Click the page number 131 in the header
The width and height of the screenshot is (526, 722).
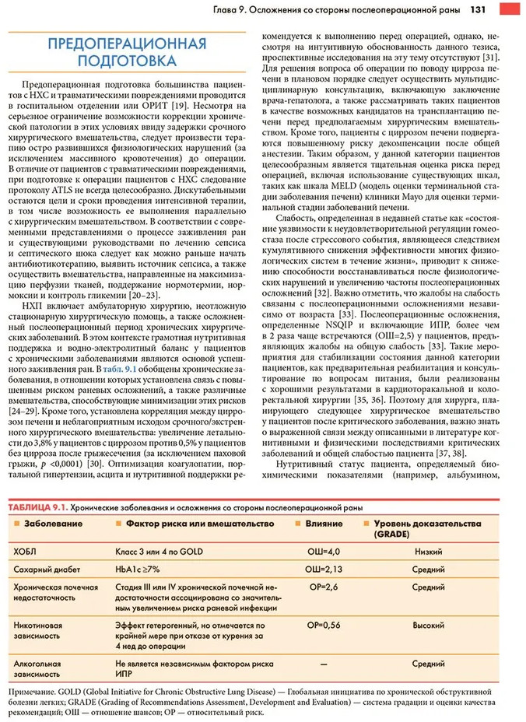[x=479, y=10]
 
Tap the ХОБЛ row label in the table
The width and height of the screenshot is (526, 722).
[x=25, y=551]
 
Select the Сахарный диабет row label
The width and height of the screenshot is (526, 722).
[x=43, y=569]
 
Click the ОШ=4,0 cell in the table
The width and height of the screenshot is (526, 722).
[x=323, y=551]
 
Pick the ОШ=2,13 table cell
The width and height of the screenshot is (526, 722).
[x=323, y=569]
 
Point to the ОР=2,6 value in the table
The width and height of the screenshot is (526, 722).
[x=323, y=587]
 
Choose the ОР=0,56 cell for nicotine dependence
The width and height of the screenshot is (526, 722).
[x=323, y=624]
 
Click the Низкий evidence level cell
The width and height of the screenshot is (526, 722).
[x=429, y=551]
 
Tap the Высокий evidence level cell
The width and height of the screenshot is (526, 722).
[x=429, y=624]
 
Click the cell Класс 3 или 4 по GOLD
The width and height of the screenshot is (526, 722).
[x=160, y=551]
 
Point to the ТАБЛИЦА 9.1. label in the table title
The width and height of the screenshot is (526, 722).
[x=37, y=507]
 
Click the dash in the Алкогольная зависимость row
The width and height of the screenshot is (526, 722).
[x=323, y=664]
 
